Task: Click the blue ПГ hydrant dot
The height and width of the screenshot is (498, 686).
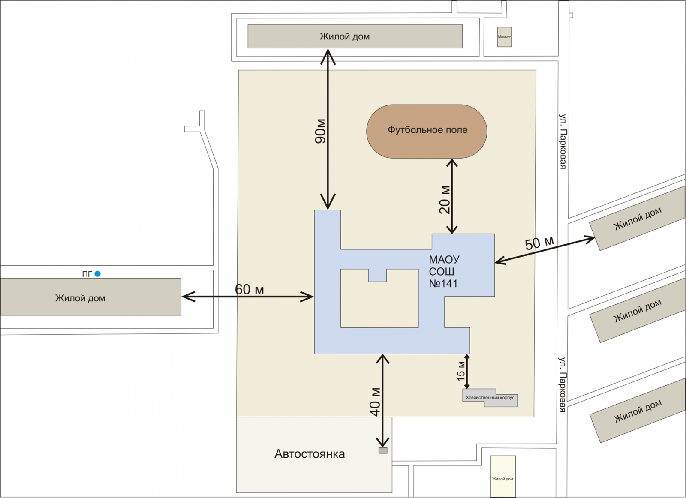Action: [98, 273]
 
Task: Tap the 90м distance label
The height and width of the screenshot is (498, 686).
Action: [321, 131]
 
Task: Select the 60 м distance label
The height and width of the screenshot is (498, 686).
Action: [249, 290]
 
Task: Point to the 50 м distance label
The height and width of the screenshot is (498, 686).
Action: [539, 243]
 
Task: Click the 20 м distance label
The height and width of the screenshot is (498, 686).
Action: [445, 200]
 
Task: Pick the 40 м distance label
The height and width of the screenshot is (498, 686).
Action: [375, 402]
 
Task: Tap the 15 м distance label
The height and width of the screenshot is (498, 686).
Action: [461, 371]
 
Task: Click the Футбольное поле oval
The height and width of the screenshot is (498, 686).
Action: [427, 131]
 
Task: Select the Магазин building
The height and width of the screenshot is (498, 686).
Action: [505, 37]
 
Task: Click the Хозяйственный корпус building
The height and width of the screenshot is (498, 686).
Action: [490, 398]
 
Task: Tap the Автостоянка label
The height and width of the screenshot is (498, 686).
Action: [310, 454]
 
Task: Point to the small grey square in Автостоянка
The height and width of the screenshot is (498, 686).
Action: [383, 450]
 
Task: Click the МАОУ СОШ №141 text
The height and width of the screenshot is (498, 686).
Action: [444, 271]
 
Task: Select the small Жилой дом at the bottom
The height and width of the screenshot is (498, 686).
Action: [503, 476]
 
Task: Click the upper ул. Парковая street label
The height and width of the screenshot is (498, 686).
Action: [563, 141]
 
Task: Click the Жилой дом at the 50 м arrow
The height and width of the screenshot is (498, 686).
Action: [638, 219]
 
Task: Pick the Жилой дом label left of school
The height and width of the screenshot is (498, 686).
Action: [80, 298]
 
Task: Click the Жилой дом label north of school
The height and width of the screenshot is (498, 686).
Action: [345, 37]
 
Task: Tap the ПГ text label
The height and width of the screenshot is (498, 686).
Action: [87, 274]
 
